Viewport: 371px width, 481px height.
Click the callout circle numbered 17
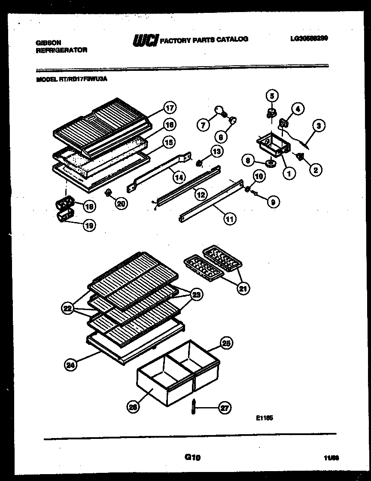[170, 107]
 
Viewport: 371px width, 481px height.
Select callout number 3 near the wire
[318, 126]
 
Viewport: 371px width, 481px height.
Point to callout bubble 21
[243, 289]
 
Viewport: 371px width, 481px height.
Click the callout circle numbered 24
[70, 365]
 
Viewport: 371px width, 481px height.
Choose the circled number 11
[230, 219]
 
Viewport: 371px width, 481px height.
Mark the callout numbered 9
[273, 201]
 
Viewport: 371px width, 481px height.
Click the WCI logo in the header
[146, 40]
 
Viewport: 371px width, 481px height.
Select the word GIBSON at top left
[48, 43]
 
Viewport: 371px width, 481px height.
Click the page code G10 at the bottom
[193, 458]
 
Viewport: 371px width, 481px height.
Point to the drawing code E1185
[264, 417]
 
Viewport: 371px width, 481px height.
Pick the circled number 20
[121, 204]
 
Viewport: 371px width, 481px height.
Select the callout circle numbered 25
[226, 343]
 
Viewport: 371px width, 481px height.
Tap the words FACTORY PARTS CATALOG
[204, 40]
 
